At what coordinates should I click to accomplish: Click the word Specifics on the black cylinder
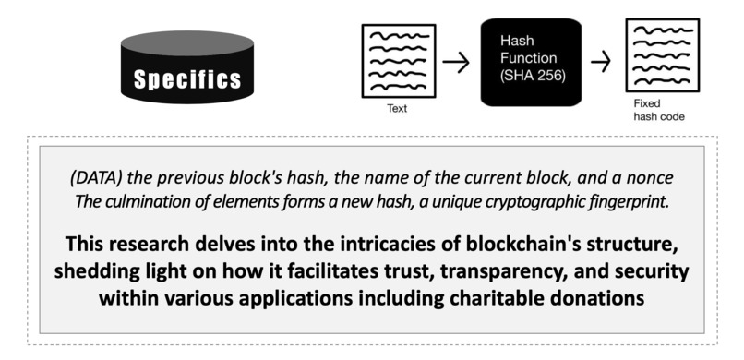pyautogui.click(x=188, y=79)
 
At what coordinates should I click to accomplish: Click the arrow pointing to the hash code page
pyautogui.click(x=601, y=63)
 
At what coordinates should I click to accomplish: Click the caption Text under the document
pyautogui.click(x=397, y=108)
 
